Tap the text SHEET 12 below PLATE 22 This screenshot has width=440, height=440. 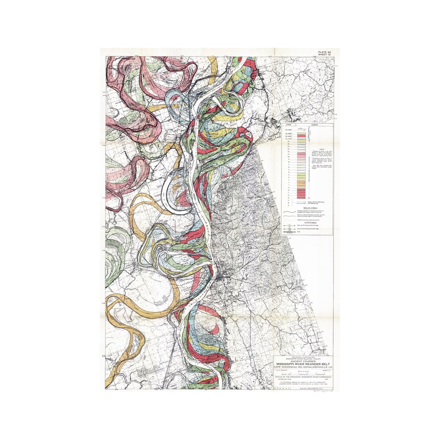pos(326,55)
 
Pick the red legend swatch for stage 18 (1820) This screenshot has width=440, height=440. pos(301,136)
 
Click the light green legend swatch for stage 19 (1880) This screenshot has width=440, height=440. pos(301,133)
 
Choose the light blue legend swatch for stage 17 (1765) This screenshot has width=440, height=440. pos(301,139)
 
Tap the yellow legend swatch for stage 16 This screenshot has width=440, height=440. pos(301,141)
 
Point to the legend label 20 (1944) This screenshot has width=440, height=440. pos(289,130)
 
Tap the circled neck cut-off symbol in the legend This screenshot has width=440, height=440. pos(290,225)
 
